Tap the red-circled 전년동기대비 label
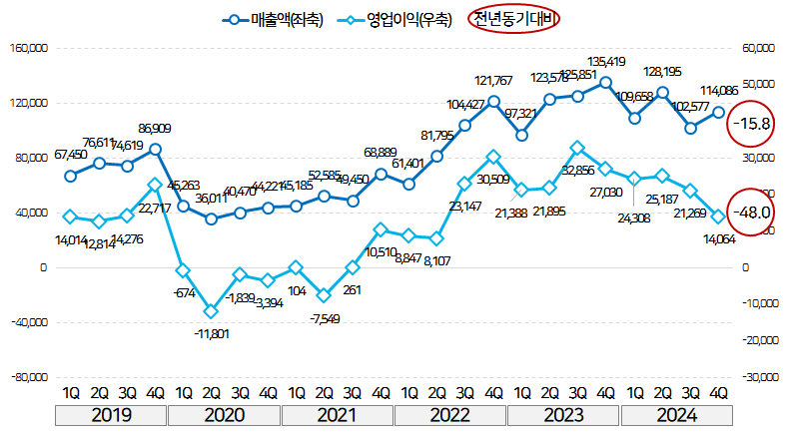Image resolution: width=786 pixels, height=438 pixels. (513, 20)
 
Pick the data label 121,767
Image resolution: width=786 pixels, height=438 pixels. (493, 80)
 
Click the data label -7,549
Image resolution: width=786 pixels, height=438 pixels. (324, 318)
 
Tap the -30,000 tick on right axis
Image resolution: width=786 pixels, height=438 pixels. (756, 377)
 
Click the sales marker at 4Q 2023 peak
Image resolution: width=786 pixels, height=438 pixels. (606, 83)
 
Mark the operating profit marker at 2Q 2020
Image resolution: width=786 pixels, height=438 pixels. (211, 311)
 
